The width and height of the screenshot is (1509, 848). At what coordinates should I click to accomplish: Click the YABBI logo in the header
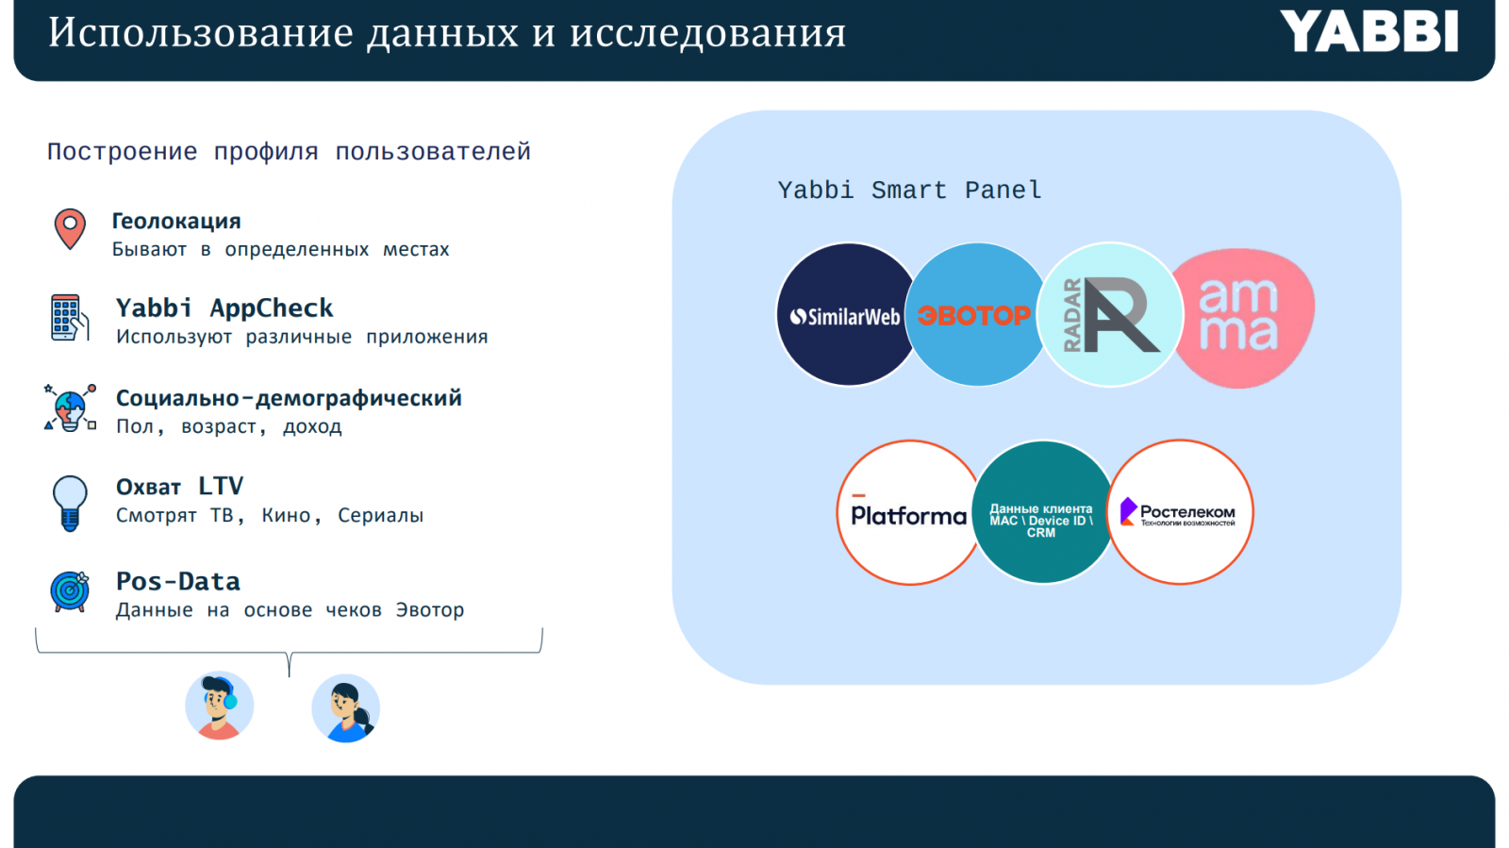(1368, 31)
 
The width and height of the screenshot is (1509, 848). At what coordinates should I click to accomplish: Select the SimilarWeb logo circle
(848, 314)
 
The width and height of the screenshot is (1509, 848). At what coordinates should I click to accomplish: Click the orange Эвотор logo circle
(976, 314)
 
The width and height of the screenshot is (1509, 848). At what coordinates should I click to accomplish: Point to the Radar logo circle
(1109, 314)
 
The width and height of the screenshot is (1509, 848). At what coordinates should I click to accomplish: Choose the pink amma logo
(1243, 318)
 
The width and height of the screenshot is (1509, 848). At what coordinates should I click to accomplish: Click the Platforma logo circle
(909, 512)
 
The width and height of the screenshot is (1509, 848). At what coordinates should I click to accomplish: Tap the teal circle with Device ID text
(1042, 512)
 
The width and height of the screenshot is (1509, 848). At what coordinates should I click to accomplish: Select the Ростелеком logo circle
(1180, 512)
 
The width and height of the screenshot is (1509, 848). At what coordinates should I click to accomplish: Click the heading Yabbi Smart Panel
(909, 191)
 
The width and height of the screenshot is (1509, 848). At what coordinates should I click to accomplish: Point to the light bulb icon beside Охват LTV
(70, 503)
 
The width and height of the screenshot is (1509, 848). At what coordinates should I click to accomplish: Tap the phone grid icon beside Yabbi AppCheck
(70, 318)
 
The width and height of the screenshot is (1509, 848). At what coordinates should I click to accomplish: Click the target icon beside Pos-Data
(70, 591)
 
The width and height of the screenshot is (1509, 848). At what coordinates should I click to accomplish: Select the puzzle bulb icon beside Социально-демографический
(70, 408)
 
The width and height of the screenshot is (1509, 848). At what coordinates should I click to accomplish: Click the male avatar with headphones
(219, 706)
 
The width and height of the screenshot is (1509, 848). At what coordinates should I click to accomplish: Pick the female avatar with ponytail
(345, 707)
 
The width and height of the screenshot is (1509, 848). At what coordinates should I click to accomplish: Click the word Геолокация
(176, 221)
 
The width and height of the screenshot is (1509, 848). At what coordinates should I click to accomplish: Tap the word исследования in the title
(708, 32)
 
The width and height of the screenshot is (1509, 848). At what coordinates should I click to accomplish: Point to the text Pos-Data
(178, 581)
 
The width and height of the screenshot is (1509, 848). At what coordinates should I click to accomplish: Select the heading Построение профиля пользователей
(289, 152)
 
